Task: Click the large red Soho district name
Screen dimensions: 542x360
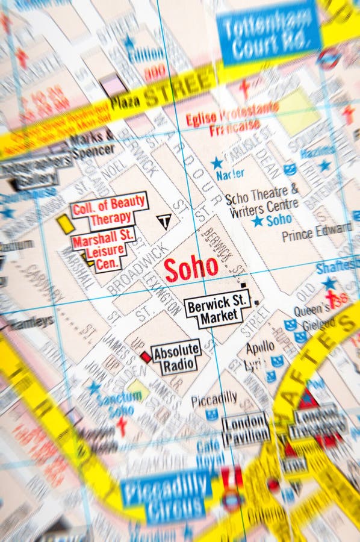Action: point(191,269)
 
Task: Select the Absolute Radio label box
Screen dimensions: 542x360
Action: point(176,355)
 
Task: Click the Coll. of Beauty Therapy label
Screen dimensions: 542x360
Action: point(108,211)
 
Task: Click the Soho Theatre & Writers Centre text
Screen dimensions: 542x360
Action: point(262,204)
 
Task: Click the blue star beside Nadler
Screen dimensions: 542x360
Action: point(217,163)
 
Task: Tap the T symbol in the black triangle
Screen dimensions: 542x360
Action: point(164,221)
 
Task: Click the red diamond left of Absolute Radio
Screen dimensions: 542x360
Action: point(146,357)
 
